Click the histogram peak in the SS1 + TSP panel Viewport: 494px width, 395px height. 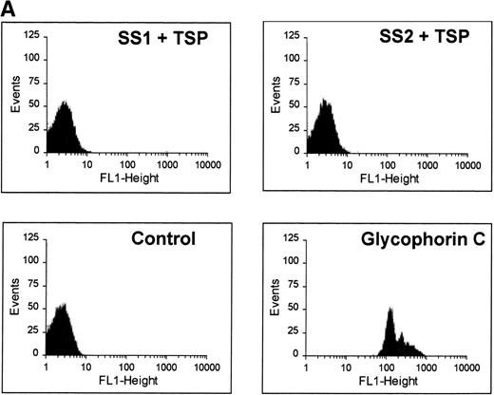pyautogui.click(x=64, y=103)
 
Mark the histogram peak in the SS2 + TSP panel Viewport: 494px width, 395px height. pyautogui.click(x=324, y=100)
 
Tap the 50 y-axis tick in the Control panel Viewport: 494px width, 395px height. pyautogui.click(x=35, y=308)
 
